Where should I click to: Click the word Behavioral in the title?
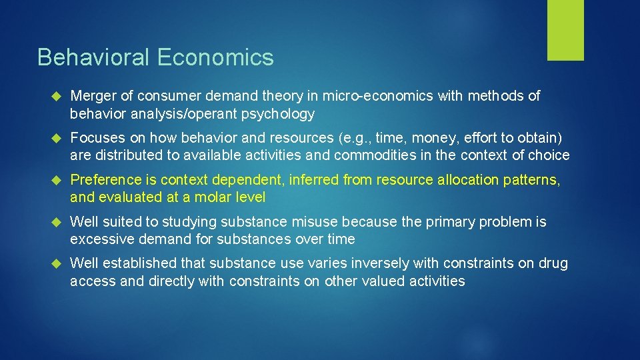point(94,57)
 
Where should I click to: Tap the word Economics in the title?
point(216,57)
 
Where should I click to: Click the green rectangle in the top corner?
point(565,30)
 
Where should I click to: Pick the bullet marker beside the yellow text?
point(55,181)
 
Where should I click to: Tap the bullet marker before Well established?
point(55,264)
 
